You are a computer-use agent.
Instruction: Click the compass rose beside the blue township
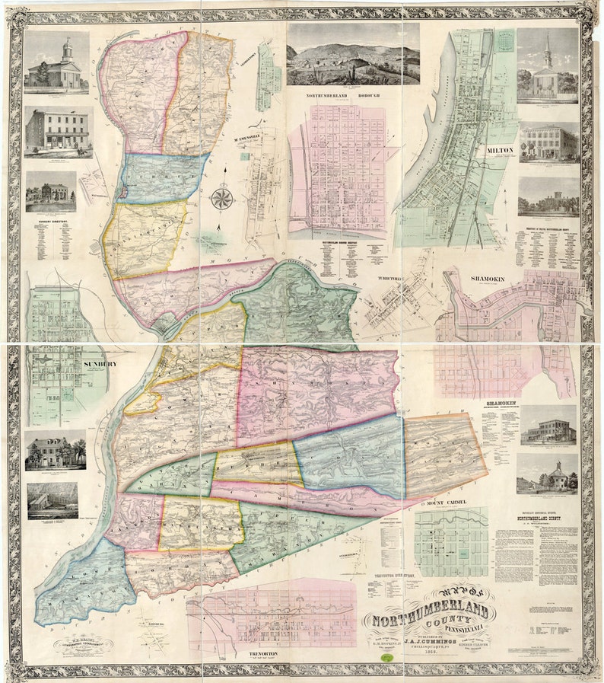(222, 199)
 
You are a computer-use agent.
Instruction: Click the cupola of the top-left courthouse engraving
(67, 49)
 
